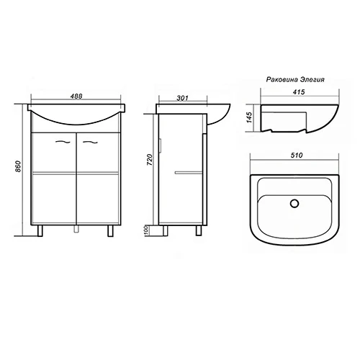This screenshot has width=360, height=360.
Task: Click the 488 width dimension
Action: [x=76, y=96]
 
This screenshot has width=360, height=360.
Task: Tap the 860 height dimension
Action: [x=18, y=166]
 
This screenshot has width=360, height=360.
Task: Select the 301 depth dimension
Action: [x=183, y=98]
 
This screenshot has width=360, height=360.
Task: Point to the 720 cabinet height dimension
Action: [x=149, y=160]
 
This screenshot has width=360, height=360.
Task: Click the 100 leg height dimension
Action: [x=147, y=230]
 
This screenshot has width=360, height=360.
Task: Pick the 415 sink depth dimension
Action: [x=299, y=92]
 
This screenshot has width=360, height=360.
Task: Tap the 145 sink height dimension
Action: [x=250, y=117]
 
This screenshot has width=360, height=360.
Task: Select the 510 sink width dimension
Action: [x=297, y=156]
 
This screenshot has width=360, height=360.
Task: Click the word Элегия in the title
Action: [x=312, y=79]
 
